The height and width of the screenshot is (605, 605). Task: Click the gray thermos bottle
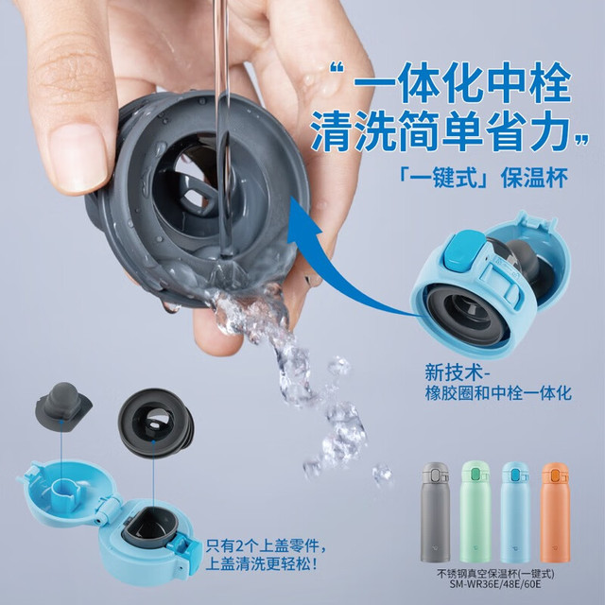(435, 512)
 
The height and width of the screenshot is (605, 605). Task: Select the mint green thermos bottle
(475, 512)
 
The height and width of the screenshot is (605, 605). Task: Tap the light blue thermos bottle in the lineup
(515, 512)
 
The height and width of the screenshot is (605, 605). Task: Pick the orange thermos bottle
(555, 512)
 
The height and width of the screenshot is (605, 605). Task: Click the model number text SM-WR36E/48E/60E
(495, 584)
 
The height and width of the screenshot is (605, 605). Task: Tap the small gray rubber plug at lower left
(63, 407)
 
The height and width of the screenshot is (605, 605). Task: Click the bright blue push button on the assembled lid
(461, 249)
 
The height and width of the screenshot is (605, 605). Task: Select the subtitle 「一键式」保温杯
(483, 179)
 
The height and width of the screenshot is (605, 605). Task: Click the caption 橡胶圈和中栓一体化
(498, 393)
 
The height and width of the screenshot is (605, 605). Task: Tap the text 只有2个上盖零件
(266, 545)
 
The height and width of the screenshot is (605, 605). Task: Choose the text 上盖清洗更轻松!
(262, 564)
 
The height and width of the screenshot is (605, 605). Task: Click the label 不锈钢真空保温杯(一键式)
(495, 574)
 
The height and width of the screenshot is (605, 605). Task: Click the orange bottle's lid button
(555, 475)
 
